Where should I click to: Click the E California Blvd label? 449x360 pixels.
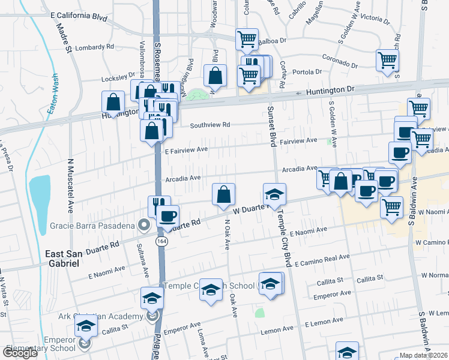[x=79, y=18]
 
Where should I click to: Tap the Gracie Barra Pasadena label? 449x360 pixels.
[x=92, y=226]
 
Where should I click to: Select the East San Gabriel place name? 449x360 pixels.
[x=62, y=259]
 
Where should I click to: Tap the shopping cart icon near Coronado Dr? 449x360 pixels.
[x=387, y=60]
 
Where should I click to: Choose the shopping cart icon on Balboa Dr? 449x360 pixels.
[x=247, y=39]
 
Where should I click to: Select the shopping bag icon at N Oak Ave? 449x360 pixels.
[x=223, y=194]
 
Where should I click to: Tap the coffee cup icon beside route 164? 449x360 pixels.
[x=167, y=215]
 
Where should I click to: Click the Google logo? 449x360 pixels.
[x=20, y=353]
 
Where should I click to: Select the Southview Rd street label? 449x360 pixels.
[x=210, y=125]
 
